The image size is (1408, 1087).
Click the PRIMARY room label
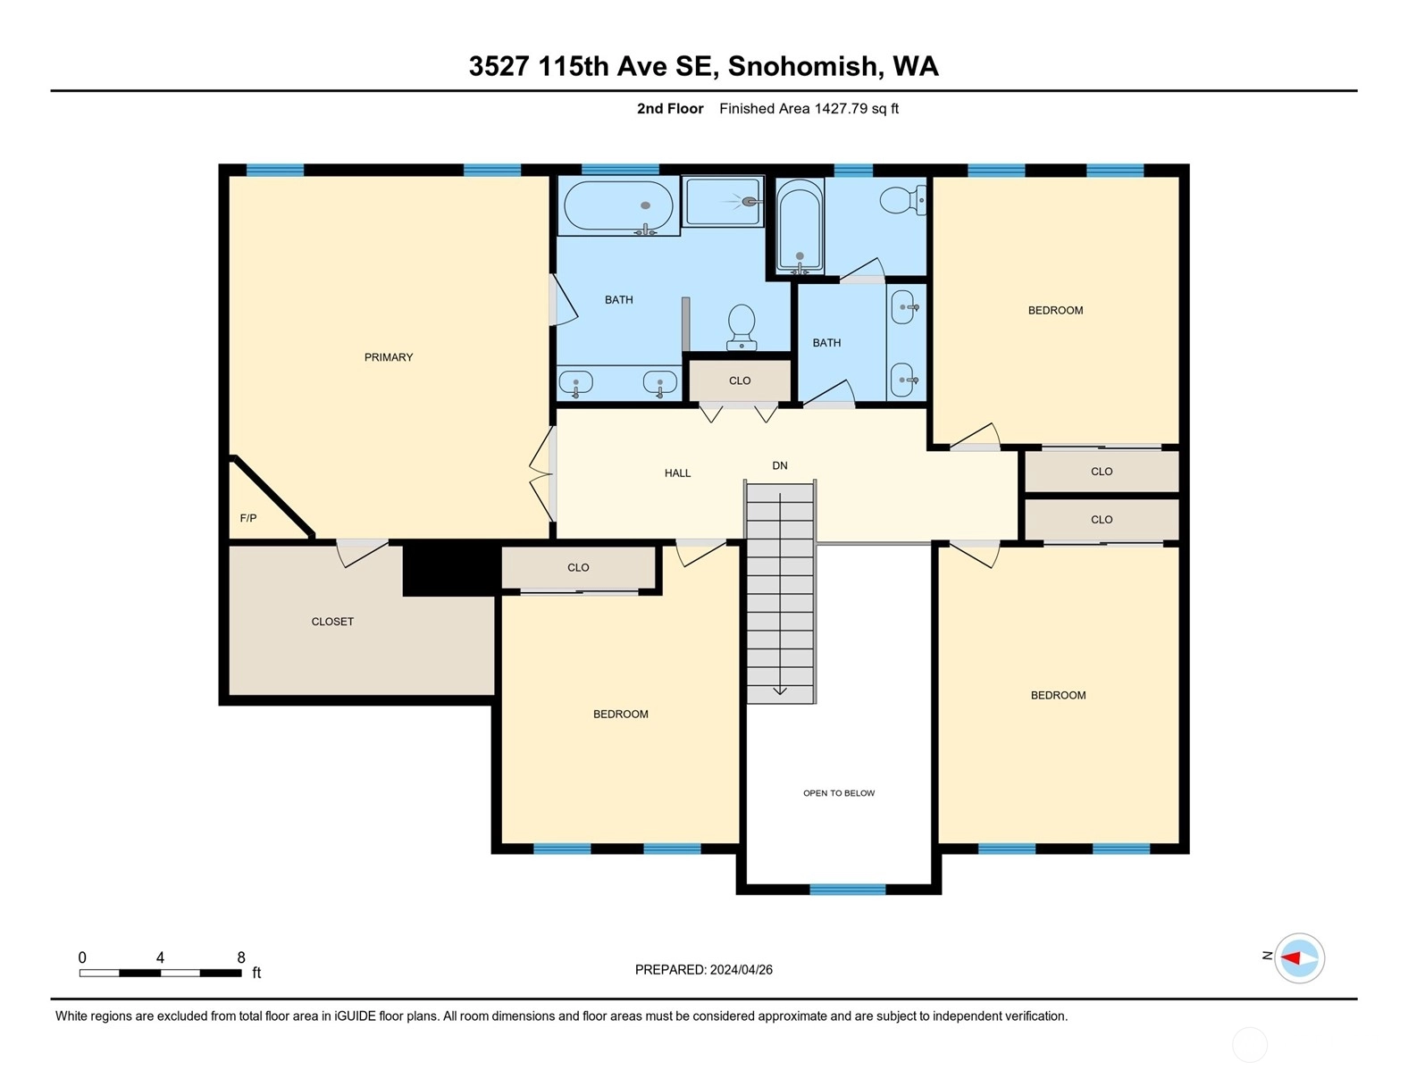388,357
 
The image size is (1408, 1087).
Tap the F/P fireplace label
248,518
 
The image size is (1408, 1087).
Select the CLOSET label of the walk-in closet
332,622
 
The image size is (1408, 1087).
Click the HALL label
677,472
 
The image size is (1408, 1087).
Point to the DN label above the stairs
779,465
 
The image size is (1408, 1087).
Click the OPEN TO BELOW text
838,793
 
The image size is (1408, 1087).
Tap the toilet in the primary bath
742,327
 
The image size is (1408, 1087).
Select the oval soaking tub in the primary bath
618,206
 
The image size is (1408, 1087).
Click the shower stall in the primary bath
723,202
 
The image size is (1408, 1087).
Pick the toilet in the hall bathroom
902,199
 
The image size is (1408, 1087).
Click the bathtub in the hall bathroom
800,227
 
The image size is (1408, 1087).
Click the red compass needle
1291,958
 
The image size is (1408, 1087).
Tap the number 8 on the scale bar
241,957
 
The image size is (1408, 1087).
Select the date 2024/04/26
742,970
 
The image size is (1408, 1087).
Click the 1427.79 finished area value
841,108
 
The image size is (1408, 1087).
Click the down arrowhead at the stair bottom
780,690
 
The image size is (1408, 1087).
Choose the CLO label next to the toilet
740,380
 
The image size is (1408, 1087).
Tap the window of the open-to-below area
848,890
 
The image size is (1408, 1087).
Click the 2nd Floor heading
670,108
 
